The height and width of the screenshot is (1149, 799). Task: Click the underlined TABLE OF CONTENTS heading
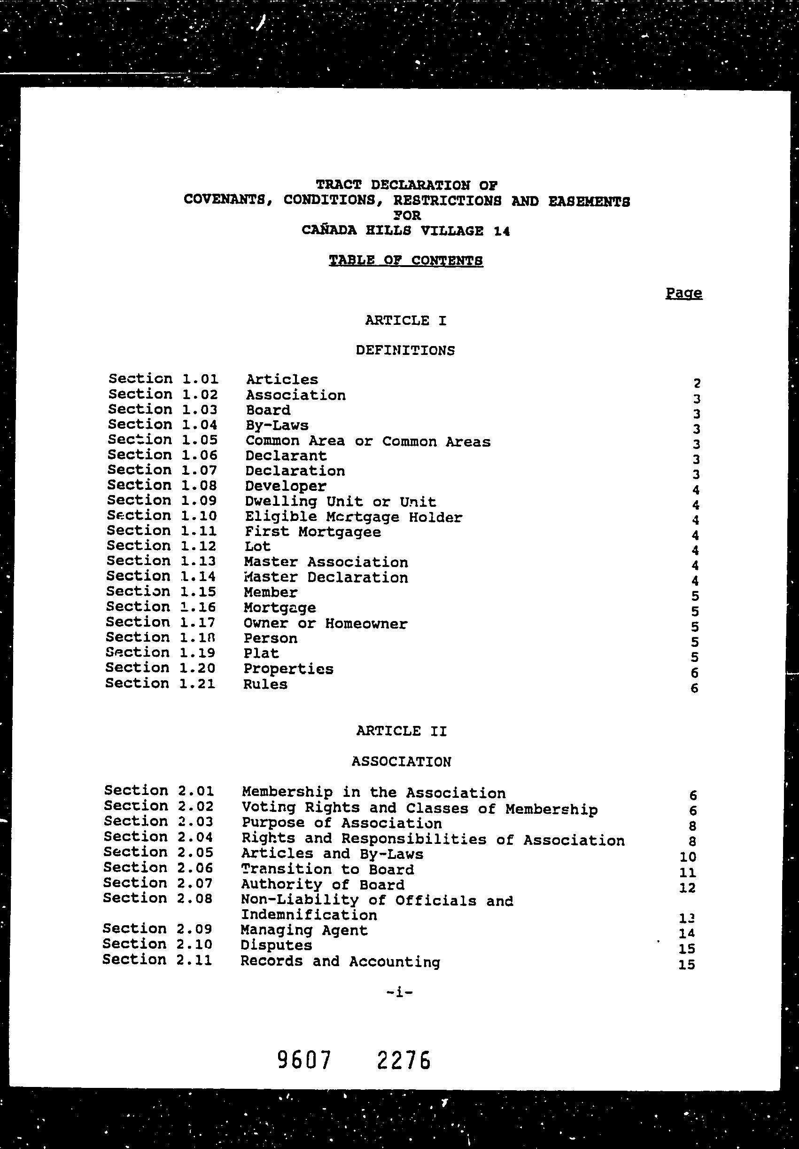pyautogui.click(x=405, y=261)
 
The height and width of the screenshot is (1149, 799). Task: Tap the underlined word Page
pyautogui.click(x=683, y=293)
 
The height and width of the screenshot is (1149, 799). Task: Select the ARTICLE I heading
pyautogui.click(x=405, y=321)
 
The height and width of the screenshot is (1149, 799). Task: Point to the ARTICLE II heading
pyautogui.click(x=402, y=731)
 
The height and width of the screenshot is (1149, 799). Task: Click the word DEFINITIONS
pyautogui.click(x=405, y=350)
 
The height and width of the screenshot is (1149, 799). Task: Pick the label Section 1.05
pyautogui.click(x=163, y=440)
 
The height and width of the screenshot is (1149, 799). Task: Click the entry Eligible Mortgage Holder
pyautogui.click(x=354, y=517)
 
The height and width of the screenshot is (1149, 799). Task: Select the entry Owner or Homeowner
pyautogui.click(x=326, y=623)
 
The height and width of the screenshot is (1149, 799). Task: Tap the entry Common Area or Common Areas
pyautogui.click(x=368, y=441)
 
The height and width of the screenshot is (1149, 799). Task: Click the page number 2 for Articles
pyautogui.click(x=697, y=383)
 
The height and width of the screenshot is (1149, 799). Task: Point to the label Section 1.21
pyautogui.click(x=160, y=684)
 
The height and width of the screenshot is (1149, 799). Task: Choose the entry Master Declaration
pyautogui.click(x=326, y=577)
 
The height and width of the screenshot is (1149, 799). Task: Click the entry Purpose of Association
pyautogui.click(x=341, y=824)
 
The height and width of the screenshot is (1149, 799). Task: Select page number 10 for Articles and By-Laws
pyautogui.click(x=688, y=857)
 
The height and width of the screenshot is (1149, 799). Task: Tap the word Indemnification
pyautogui.click(x=309, y=915)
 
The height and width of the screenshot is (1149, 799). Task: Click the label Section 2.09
pyautogui.click(x=157, y=929)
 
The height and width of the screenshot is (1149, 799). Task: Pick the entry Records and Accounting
pyautogui.click(x=340, y=961)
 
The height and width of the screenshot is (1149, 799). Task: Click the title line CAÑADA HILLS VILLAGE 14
pyautogui.click(x=405, y=231)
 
